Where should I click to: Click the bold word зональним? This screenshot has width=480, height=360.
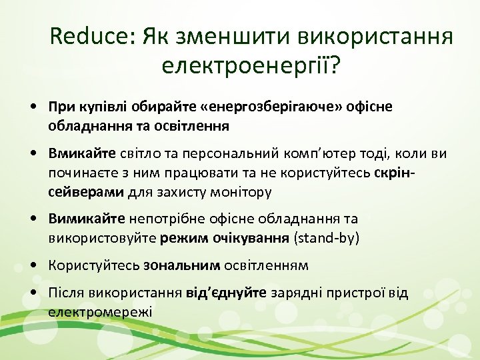coord(181,265)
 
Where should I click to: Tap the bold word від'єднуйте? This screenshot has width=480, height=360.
coord(227,293)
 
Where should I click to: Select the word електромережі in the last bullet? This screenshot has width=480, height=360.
coord(100,311)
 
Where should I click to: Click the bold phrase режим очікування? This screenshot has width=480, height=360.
coord(217,238)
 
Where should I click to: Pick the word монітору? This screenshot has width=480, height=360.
coord(243,192)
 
